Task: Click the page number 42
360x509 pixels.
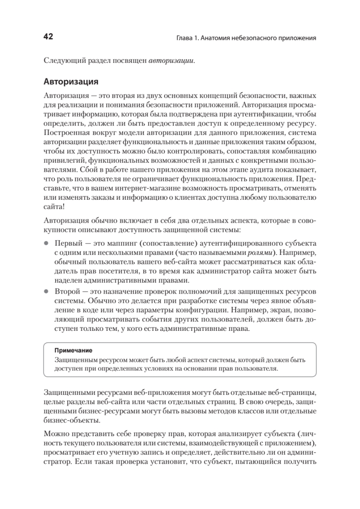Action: click(48, 37)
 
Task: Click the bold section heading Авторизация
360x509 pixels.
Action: click(71, 81)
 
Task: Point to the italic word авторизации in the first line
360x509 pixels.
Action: click(172, 60)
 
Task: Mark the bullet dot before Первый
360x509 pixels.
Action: click(47, 243)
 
